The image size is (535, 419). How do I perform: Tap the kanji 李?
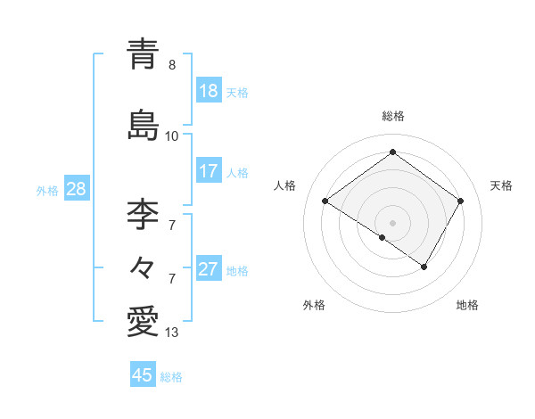click(143, 214)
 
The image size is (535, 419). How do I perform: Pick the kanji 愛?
click(143, 320)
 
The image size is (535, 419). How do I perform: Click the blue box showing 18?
click(209, 91)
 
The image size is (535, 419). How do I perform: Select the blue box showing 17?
click(209, 171)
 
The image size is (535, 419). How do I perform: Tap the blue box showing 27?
click(209, 269)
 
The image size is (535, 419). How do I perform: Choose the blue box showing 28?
click(76, 189)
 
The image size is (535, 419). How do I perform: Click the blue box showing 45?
click(143, 375)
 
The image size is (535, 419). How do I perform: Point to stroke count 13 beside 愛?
click(172, 333)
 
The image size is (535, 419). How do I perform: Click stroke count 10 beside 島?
click(172, 136)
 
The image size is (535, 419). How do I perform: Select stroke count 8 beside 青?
click(172, 65)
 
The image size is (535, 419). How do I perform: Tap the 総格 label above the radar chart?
click(392, 116)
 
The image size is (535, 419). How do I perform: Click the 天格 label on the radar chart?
click(501, 185)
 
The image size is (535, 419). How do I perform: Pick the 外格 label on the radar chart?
click(314, 306)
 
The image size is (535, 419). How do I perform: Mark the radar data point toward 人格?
click(325, 201)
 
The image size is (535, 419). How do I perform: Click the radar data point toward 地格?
click(424, 267)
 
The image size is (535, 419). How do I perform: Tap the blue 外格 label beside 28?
click(47, 190)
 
